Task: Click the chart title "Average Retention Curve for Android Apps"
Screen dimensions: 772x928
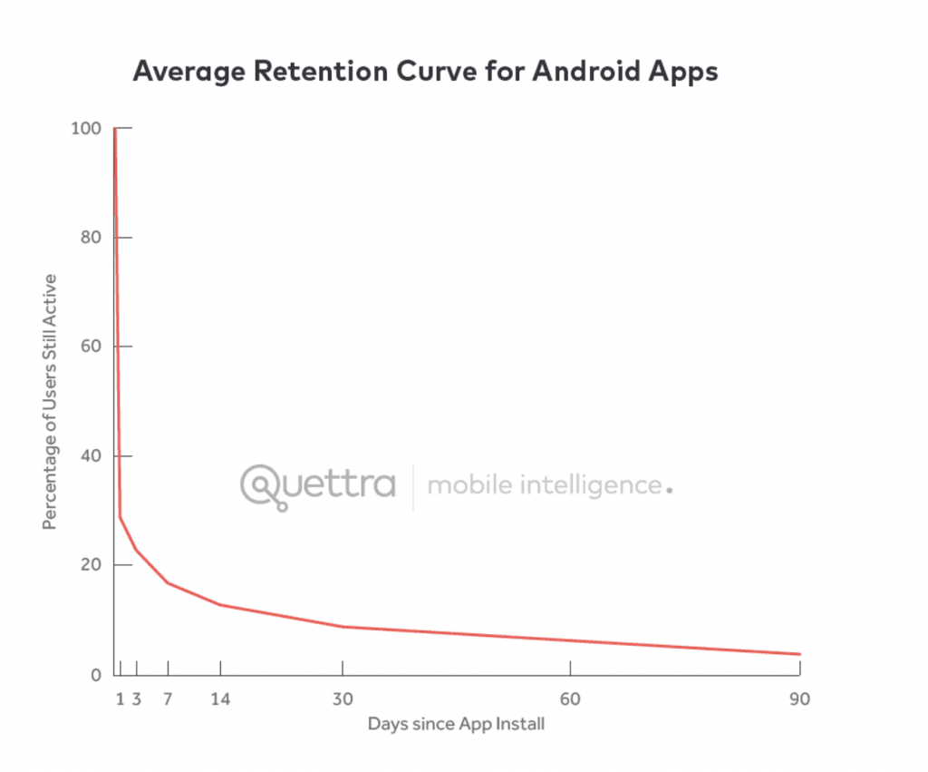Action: pyautogui.click(x=425, y=72)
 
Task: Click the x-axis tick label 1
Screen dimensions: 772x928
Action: pyautogui.click(x=121, y=699)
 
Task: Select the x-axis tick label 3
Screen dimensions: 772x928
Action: pyautogui.click(x=137, y=699)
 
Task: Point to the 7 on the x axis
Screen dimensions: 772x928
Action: pyautogui.click(x=169, y=699)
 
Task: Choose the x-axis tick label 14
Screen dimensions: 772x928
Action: pyautogui.click(x=221, y=699)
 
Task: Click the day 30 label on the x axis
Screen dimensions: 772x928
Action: pyautogui.click(x=343, y=699)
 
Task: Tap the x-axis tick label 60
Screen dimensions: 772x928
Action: pyautogui.click(x=570, y=699)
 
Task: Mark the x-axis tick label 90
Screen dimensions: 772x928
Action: pyautogui.click(x=798, y=699)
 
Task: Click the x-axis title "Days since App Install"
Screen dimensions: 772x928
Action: pyautogui.click(x=456, y=725)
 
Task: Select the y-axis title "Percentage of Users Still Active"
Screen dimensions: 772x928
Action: pyautogui.click(x=51, y=402)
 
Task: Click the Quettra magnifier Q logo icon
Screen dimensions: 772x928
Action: pyautogui.click(x=264, y=486)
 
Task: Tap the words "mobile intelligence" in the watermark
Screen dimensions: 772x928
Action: pyautogui.click(x=545, y=485)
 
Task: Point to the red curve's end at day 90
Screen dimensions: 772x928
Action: pyautogui.click(x=799, y=654)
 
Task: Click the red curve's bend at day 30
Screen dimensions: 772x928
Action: pyautogui.click(x=343, y=627)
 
